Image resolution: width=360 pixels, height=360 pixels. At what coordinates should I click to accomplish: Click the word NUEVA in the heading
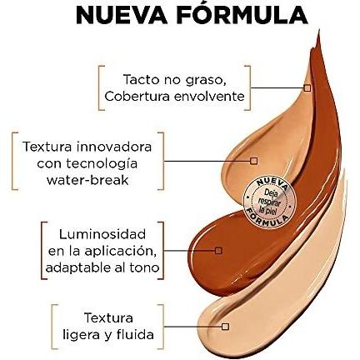(x=122, y=15)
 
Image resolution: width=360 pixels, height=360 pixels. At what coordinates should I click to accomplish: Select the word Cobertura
(x=137, y=97)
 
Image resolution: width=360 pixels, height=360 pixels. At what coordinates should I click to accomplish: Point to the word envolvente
(x=209, y=97)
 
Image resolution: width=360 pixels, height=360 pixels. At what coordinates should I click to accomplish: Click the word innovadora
(x=114, y=147)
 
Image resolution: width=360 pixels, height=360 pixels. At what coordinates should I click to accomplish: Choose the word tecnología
(x=102, y=164)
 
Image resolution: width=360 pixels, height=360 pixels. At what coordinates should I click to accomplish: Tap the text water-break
(x=87, y=180)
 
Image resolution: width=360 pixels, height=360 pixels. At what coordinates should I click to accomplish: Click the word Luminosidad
(x=102, y=234)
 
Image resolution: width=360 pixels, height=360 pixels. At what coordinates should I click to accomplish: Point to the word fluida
(x=137, y=334)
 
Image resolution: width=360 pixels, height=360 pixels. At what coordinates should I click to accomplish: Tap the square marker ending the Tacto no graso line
(x=307, y=88)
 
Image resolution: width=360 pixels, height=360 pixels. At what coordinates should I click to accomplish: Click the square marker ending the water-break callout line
(x=253, y=161)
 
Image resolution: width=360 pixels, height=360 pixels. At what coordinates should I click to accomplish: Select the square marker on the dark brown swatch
(x=218, y=251)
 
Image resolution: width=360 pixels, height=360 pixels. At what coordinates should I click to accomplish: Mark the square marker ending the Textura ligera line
(x=225, y=327)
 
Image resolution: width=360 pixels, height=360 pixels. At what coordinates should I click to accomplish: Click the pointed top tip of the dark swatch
(x=318, y=31)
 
